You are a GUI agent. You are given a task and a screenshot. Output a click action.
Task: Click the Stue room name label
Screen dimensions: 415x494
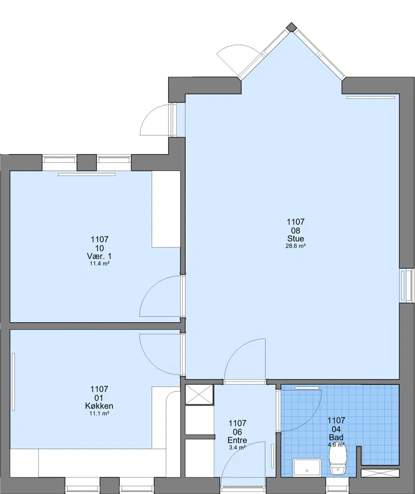click(296, 239)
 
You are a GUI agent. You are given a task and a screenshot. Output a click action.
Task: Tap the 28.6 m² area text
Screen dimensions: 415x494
click(296, 246)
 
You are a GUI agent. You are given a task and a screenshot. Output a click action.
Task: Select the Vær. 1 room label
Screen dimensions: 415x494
click(99, 256)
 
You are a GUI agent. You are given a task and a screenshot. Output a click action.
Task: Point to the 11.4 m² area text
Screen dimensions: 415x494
click(100, 264)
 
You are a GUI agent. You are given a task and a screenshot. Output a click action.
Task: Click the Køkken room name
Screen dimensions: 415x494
click(99, 406)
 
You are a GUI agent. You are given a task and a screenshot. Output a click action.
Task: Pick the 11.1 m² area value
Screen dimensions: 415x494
click(99, 413)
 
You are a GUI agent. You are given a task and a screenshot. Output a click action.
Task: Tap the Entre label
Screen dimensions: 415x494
click(237, 440)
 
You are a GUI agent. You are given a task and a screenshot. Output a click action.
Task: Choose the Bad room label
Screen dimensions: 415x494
click(336, 437)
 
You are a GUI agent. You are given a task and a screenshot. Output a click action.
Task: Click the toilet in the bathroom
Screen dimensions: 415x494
click(338, 461)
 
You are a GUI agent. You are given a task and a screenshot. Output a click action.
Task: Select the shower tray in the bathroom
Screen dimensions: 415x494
click(307, 468)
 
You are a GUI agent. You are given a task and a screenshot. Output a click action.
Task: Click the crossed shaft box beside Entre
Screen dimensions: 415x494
click(200, 394)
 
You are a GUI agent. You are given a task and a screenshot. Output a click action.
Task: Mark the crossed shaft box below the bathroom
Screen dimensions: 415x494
click(380, 473)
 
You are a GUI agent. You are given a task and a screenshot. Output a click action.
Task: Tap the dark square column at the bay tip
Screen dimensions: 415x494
click(292, 27)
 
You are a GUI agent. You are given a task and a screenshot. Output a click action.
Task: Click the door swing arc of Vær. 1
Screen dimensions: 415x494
click(151, 288)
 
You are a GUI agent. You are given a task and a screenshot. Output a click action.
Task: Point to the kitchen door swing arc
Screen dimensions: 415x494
click(151, 362)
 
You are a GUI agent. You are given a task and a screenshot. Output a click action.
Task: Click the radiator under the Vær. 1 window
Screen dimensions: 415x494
click(87, 174)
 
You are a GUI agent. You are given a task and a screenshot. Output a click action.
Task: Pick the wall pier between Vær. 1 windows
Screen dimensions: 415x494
click(87, 163)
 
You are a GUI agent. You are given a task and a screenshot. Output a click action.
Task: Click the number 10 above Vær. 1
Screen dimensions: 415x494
click(100, 248)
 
